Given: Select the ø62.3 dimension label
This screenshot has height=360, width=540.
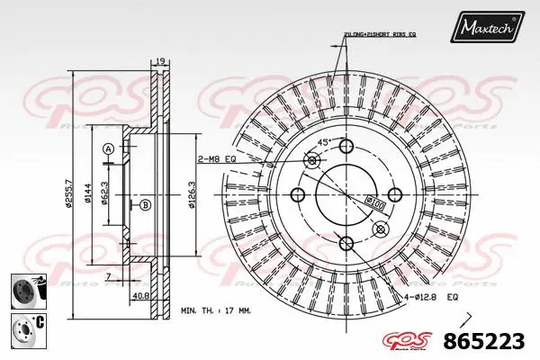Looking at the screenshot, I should coord(105,195).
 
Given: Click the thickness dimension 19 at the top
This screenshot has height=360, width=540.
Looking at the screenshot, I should coord(159,61).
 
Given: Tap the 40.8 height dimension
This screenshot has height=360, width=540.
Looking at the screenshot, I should coord(141,294).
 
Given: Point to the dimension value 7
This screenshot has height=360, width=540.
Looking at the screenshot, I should coord(107,276).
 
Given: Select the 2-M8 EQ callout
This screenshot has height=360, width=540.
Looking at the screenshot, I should coord(216,159).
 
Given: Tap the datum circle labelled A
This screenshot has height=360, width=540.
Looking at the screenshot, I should coord(107,148).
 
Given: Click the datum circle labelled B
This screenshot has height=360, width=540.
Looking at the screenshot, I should coord(144,205).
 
